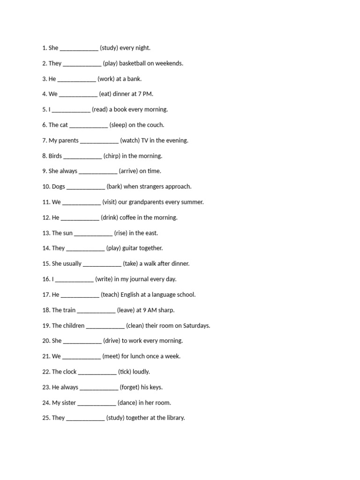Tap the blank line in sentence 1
(x=79, y=48)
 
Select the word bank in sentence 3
(x=134, y=79)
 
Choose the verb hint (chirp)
(x=112, y=156)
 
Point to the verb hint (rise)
(x=120, y=233)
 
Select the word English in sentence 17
(x=131, y=295)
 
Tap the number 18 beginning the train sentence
(x=46, y=310)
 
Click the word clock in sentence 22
(x=70, y=372)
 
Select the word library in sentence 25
(x=173, y=418)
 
